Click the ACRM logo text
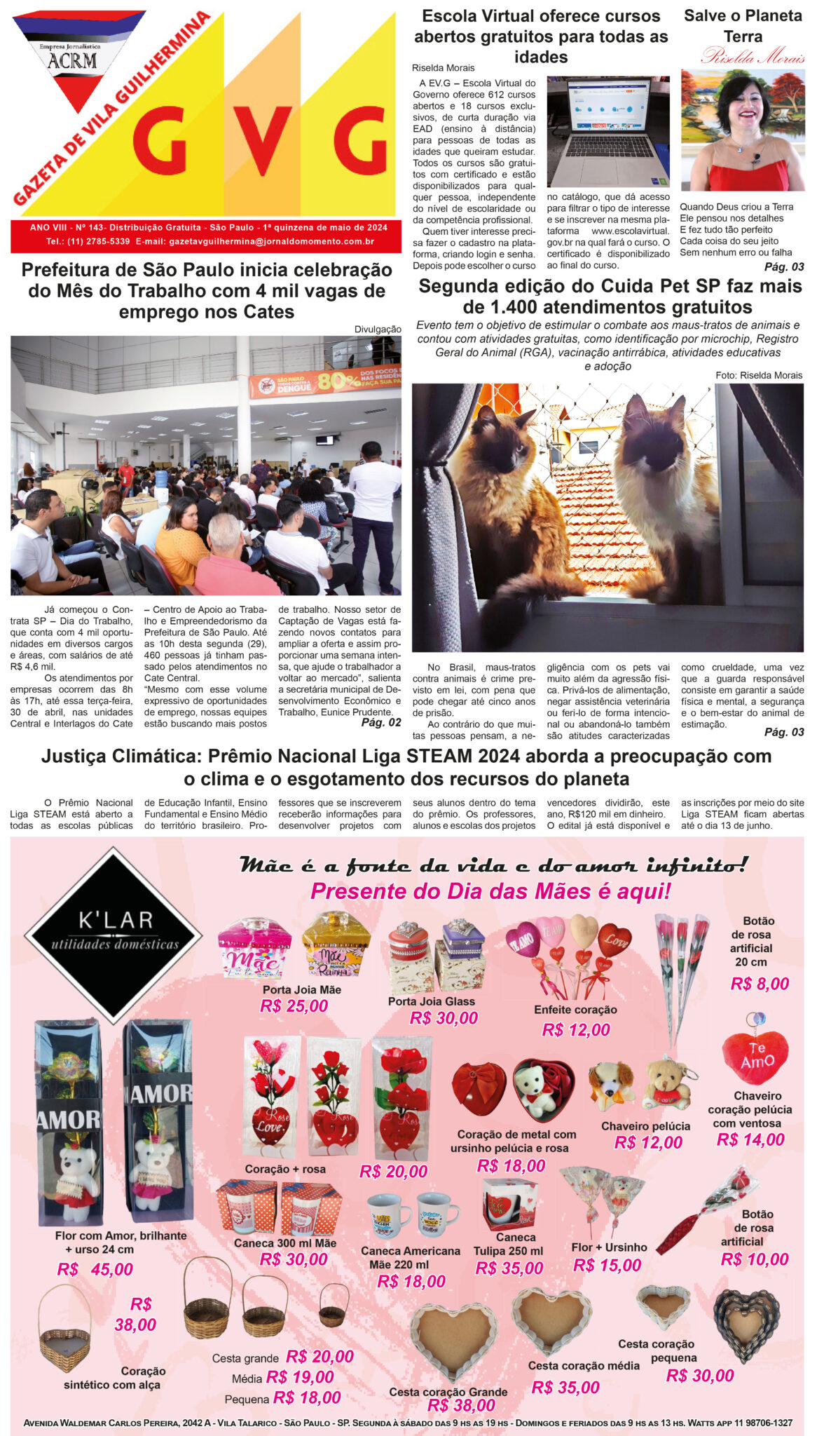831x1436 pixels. click(x=72, y=61)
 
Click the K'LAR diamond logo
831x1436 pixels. click(x=114, y=934)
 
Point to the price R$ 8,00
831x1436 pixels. click(x=760, y=984)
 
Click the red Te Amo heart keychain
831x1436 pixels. click(x=755, y=1057)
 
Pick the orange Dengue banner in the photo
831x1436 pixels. click(x=324, y=381)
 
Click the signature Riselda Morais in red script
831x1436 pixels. click(x=753, y=56)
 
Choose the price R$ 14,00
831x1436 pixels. click(x=750, y=1139)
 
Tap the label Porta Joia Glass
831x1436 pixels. click(x=431, y=1001)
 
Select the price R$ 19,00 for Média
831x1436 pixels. click(x=300, y=1377)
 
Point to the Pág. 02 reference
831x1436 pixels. click(x=381, y=722)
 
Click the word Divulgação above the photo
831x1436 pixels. click(x=378, y=329)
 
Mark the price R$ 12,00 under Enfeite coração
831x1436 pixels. click(x=576, y=1029)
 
